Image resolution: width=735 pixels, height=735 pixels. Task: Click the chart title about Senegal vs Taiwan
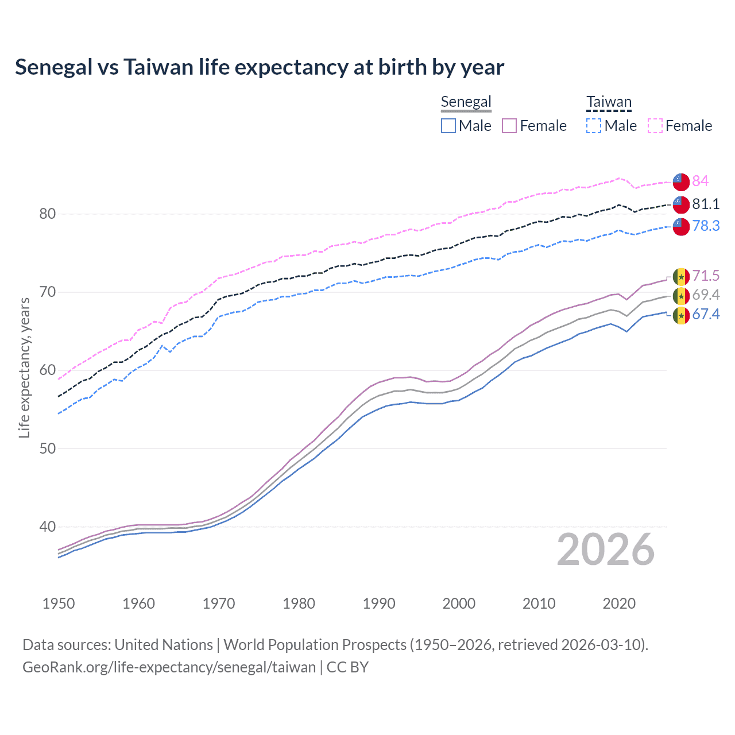[x=260, y=67]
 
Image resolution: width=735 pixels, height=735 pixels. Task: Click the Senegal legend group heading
[x=466, y=102]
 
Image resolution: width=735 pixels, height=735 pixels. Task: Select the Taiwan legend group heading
[x=609, y=102]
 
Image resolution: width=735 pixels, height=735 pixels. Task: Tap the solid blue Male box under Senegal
[x=448, y=126]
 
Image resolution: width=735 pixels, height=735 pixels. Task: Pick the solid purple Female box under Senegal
[x=509, y=126]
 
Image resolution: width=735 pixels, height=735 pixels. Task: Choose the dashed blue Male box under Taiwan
[x=594, y=126]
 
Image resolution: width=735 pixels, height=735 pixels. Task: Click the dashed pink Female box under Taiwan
[x=655, y=126]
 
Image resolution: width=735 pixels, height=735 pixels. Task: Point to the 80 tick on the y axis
[x=47, y=214]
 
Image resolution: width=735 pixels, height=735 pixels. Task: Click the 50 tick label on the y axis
[x=47, y=448]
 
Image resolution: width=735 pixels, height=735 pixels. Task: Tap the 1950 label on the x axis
[x=59, y=604]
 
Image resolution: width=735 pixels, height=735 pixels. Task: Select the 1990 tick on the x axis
[x=379, y=604]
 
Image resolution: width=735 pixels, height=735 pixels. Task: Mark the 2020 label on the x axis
[x=619, y=604]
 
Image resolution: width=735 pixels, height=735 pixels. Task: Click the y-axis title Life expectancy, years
[x=24, y=367]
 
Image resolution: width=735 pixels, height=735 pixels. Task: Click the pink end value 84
[x=700, y=181]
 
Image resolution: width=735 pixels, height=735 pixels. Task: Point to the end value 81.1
[x=706, y=204]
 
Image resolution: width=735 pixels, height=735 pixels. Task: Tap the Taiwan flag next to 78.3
[x=681, y=226]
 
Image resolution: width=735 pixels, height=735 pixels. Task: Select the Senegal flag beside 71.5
[x=681, y=277]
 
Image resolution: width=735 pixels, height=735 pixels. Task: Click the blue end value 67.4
[x=706, y=315]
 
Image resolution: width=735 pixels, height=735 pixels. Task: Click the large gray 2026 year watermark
[x=605, y=550]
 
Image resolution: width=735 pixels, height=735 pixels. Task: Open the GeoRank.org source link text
[x=169, y=667]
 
